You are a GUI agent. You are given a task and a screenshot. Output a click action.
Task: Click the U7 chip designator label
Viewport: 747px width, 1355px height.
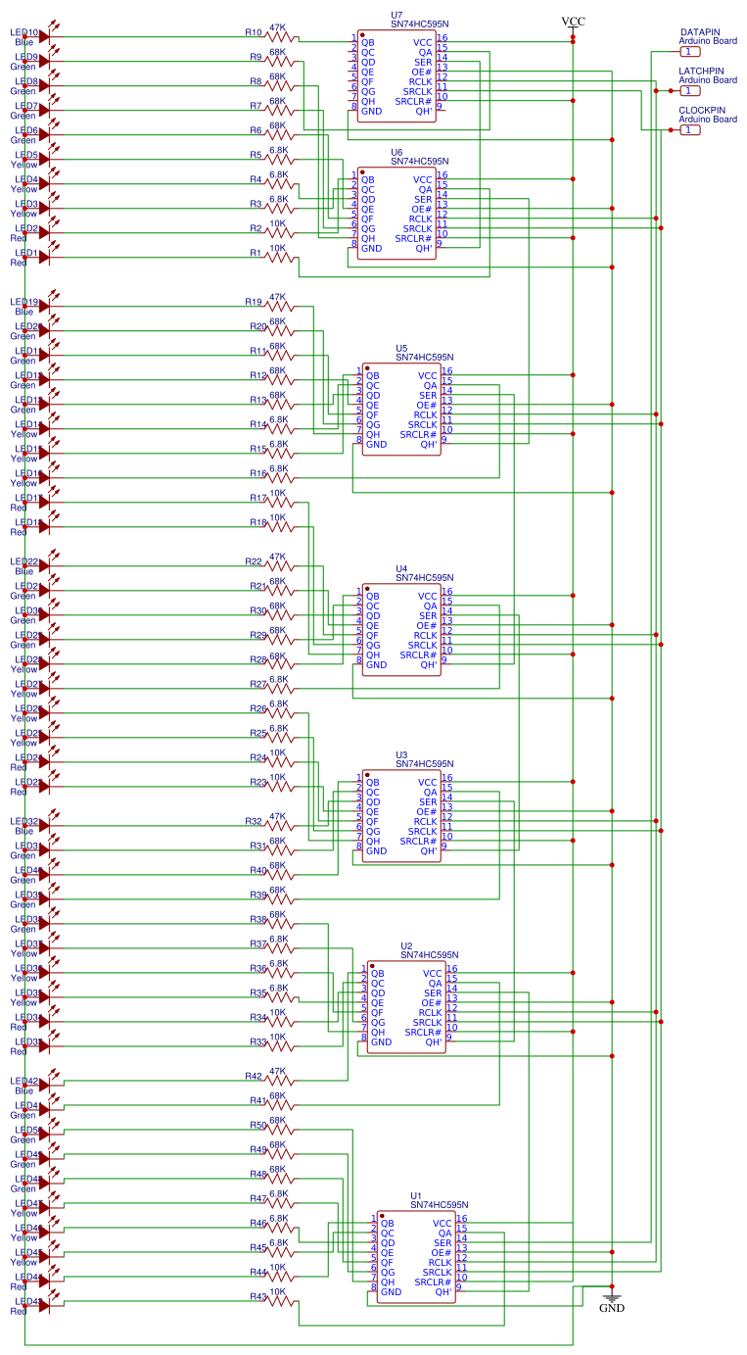(x=396, y=15)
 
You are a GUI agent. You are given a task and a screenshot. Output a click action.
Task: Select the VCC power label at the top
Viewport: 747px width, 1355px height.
(x=573, y=21)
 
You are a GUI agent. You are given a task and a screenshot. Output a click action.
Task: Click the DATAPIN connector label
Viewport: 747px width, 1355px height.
(x=702, y=31)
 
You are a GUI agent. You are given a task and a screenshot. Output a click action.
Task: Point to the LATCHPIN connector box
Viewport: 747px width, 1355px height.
(x=691, y=90)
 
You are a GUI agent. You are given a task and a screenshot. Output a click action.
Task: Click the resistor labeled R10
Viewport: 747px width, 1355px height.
(x=279, y=35)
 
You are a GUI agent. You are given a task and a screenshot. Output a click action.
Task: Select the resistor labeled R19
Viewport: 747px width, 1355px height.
(x=279, y=305)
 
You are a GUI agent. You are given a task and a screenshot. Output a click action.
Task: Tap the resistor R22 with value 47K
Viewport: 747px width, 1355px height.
(x=279, y=564)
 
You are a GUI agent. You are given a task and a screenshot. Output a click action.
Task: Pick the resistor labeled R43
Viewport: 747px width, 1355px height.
(x=279, y=1299)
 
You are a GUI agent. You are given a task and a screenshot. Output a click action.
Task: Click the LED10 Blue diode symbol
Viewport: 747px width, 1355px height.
(x=44, y=35)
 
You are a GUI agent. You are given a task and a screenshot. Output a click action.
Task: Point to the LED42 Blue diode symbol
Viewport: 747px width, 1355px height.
(x=44, y=1084)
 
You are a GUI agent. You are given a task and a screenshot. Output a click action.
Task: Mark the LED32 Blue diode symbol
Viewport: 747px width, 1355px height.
(x=44, y=824)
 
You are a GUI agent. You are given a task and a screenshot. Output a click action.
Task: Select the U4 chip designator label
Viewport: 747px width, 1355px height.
(x=401, y=568)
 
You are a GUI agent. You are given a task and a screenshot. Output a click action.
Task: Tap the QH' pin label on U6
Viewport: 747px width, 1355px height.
(x=425, y=248)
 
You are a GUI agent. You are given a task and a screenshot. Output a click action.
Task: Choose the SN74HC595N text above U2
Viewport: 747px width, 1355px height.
(x=429, y=954)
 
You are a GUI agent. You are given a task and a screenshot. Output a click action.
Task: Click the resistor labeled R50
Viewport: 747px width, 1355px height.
(x=279, y=1128)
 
